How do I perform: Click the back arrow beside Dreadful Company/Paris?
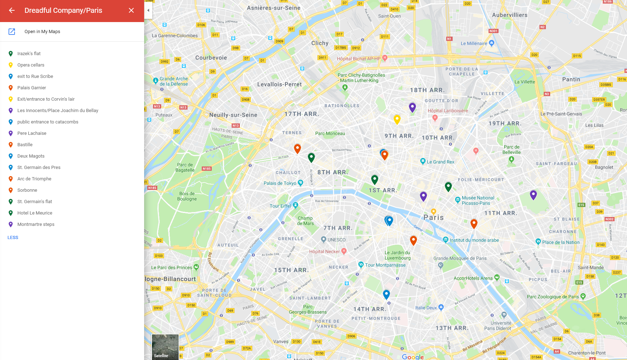12,10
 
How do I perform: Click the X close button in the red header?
131,10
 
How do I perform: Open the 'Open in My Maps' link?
42,32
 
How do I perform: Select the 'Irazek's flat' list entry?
29,54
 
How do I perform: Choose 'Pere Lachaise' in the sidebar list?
32,133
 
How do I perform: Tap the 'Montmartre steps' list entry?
36,224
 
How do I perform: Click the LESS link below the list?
13,238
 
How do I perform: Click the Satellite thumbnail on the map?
165,347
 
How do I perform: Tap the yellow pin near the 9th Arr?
397,119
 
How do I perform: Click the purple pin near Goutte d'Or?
412,107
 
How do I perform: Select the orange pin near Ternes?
297,148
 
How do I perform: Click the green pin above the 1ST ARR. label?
375,179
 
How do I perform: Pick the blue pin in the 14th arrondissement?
386,294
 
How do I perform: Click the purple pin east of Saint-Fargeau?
533,194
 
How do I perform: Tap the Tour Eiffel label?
280,206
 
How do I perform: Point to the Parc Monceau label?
330,134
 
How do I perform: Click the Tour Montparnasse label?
385,265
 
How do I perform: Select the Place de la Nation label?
560,242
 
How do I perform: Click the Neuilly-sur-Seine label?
233,115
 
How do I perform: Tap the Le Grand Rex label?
440,162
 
